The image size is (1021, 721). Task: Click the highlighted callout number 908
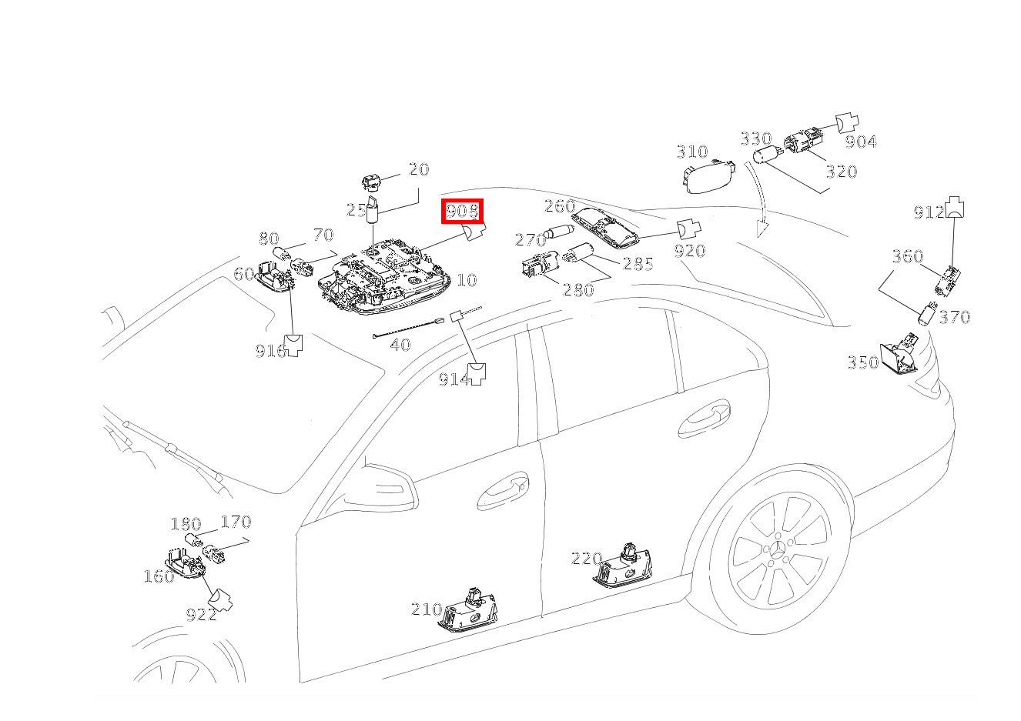click(462, 211)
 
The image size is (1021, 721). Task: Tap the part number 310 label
click(692, 152)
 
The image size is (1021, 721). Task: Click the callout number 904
click(861, 142)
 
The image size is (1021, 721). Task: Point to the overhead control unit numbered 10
click(384, 277)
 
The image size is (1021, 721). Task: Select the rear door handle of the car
click(704, 419)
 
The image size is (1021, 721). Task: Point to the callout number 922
click(202, 615)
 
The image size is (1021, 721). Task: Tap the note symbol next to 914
click(477, 374)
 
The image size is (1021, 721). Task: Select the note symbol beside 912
click(955, 207)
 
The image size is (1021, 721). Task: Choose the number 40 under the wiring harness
click(400, 345)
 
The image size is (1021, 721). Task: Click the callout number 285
click(638, 264)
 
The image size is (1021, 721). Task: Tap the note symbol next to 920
click(688, 229)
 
